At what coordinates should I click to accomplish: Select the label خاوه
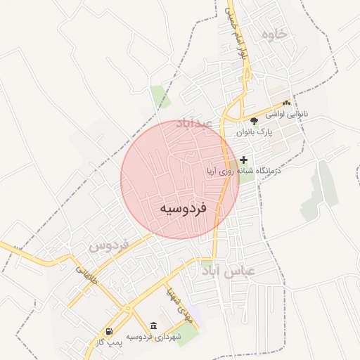[x=274, y=34]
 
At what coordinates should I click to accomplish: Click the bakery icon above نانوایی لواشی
[x=286, y=103]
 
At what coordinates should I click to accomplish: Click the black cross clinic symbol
[x=244, y=160]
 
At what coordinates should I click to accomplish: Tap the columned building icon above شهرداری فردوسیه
[x=154, y=326]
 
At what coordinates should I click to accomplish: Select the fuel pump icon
[x=109, y=332]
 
